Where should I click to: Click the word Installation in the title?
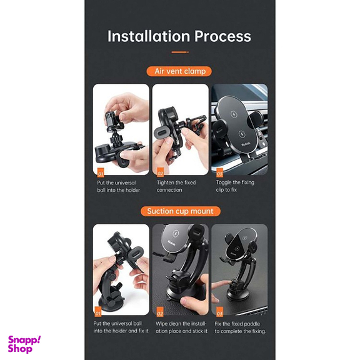pyautogui.click(x=149, y=36)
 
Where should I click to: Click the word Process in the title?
pyautogui.click(x=222, y=36)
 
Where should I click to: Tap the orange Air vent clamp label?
pyautogui.click(x=179, y=71)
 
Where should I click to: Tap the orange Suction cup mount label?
pyautogui.click(x=181, y=211)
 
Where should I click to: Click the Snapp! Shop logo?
pyautogui.click(x=24, y=344)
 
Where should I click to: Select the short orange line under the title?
pyautogui.click(x=180, y=52)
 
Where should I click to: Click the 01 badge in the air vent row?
pyautogui.click(x=101, y=174)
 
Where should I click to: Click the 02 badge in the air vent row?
pyautogui.click(x=160, y=173)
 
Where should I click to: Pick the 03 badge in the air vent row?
pyautogui.click(x=219, y=173)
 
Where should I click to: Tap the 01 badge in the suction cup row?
pyautogui.click(x=97, y=312)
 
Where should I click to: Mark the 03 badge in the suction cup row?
pyautogui.click(x=219, y=312)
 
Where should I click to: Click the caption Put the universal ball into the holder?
pyautogui.click(x=119, y=186)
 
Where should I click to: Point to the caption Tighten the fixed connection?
pyautogui.click(x=176, y=186)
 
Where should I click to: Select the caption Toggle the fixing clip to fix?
pyautogui.click(x=235, y=186)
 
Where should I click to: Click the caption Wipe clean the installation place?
pyautogui.click(x=181, y=327)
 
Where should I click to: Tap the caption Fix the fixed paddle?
pyautogui.click(x=241, y=327)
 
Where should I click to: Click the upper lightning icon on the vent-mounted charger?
pyautogui.click(x=234, y=114)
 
